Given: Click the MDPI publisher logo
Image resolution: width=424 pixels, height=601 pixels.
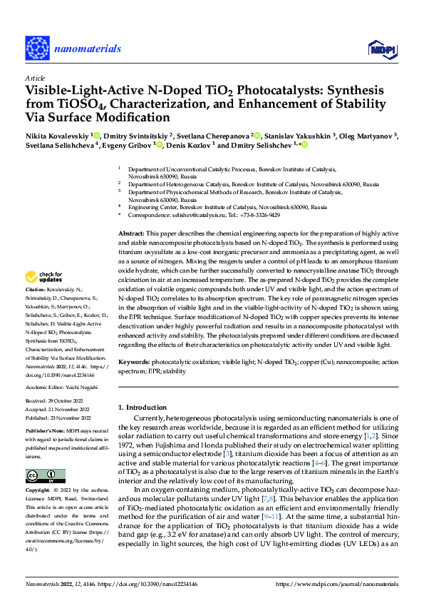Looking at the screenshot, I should (381, 48).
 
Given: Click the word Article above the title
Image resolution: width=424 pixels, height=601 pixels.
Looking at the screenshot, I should (35, 78).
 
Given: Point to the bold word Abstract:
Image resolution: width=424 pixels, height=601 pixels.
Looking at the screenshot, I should (130, 234).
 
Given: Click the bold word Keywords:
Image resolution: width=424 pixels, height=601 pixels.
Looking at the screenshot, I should (134, 361).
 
